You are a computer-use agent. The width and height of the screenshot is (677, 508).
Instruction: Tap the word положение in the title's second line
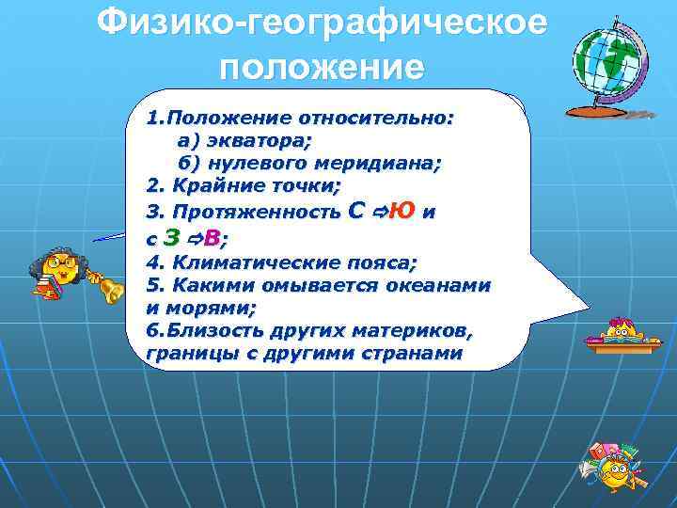pos(322,68)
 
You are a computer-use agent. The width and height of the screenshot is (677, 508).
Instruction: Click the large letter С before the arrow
pos(355,211)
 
